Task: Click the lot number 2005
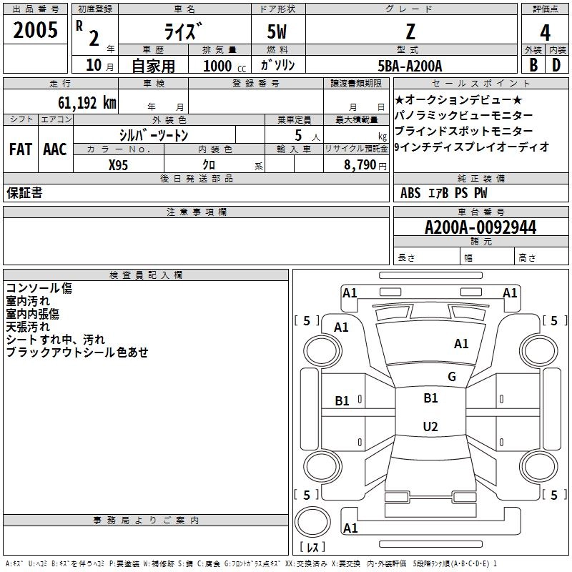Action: tap(36, 30)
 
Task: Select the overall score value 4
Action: tap(545, 31)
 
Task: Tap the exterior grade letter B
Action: tap(533, 65)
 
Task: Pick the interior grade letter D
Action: tap(556, 65)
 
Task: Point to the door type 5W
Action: tap(278, 31)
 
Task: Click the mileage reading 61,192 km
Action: tap(79, 103)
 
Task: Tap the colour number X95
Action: tap(119, 164)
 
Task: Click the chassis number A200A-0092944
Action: tap(480, 227)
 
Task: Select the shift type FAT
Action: tap(20, 149)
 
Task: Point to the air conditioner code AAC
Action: tap(55, 149)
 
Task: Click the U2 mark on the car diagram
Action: tap(430, 426)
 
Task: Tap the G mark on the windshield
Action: tap(451, 376)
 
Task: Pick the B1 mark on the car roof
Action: tap(430, 398)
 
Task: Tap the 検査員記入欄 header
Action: tap(146, 275)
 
